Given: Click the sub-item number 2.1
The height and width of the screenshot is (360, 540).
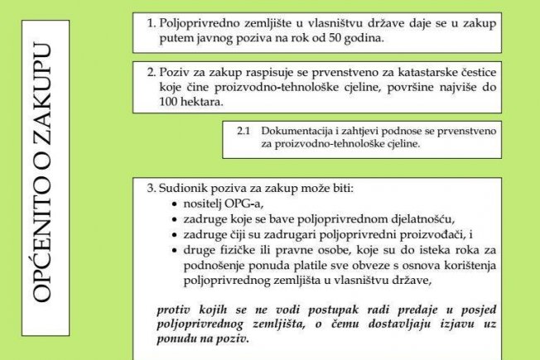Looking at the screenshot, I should (x=243, y=131).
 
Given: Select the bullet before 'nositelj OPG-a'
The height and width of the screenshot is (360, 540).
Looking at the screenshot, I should (x=174, y=204).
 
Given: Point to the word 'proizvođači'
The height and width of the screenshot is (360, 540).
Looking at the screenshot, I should (x=429, y=233).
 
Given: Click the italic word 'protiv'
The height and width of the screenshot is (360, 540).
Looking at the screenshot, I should (x=172, y=309).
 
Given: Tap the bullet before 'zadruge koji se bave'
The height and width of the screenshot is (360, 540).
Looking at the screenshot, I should (x=174, y=218).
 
